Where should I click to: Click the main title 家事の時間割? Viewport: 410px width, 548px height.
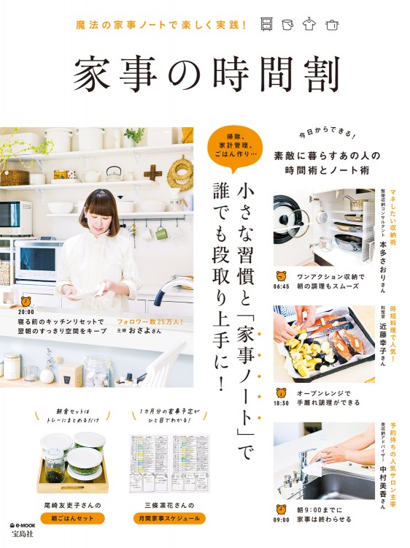coord(206,73)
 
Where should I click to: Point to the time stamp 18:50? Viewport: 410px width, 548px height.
coord(282,403)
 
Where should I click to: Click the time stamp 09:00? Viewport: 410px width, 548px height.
coord(282,520)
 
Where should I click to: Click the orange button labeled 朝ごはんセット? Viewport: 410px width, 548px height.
coord(72,518)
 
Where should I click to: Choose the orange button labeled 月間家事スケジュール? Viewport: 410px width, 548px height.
coord(169,518)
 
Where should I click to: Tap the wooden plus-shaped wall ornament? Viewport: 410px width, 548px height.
coord(153,173)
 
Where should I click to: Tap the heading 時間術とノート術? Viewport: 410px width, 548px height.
coord(322,170)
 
